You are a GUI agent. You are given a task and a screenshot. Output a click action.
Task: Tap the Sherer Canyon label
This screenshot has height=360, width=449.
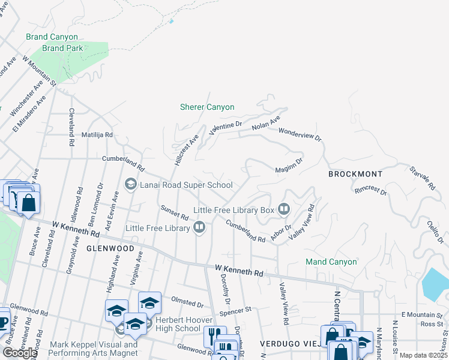pyautogui.click(x=207, y=107)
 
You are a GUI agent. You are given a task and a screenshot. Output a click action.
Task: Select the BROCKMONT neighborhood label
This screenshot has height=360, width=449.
pyautogui.click(x=355, y=174)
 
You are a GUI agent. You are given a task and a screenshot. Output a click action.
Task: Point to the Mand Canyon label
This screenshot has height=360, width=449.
pyautogui.click(x=331, y=262)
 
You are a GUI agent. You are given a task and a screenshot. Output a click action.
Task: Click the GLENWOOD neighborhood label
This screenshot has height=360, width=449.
pyautogui.click(x=110, y=248)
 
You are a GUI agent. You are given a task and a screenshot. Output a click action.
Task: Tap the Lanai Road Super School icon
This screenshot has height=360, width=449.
pyautogui.click(x=130, y=185)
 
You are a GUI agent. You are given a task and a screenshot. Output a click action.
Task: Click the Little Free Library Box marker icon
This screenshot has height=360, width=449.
pyautogui.click(x=283, y=210)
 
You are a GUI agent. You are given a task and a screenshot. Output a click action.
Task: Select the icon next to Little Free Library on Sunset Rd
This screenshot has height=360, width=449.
pyautogui.click(x=199, y=227)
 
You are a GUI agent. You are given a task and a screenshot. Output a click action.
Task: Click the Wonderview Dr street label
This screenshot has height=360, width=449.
pyautogui.click(x=300, y=134)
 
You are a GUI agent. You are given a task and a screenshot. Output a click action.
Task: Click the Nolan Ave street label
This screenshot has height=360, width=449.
pyautogui.click(x=266, y=124)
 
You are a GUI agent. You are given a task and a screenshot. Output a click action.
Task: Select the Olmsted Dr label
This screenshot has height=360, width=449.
pyautogui.click(x=187, y=301)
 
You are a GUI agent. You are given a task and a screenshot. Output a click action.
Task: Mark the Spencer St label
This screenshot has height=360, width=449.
pyautogui.click(x=235, y=311)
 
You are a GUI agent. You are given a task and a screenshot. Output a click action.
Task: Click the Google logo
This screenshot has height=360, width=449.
pyautogui.click(x=20, y=353)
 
